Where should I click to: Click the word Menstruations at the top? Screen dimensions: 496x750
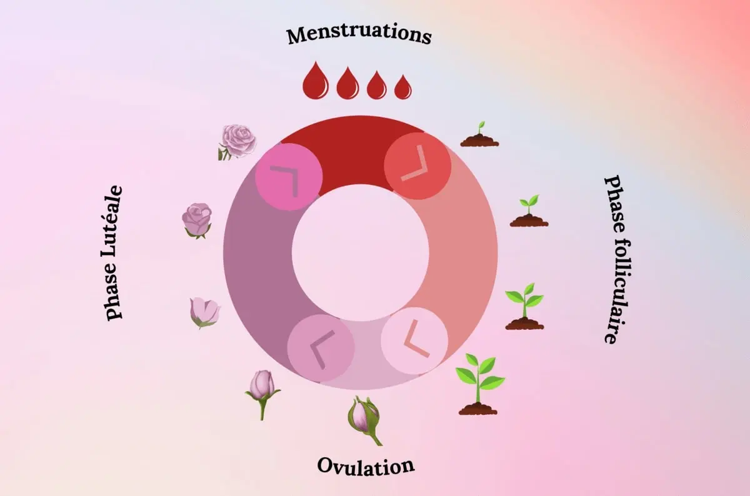[x=359, y=34]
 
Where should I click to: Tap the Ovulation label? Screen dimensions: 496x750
[x=366, y=466]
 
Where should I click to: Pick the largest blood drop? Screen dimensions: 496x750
[x=315, y=82]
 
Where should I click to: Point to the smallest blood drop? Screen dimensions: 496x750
[x=403, y=87]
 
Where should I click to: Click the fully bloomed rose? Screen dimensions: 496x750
[x=238, y=141]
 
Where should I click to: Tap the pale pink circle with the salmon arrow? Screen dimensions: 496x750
[x=414, y=340]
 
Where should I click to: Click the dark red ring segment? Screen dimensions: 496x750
[x=350, y=150]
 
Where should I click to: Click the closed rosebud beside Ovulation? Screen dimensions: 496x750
[x=364, y=417]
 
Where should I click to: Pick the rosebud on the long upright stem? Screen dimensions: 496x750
[x=262, y=390]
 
